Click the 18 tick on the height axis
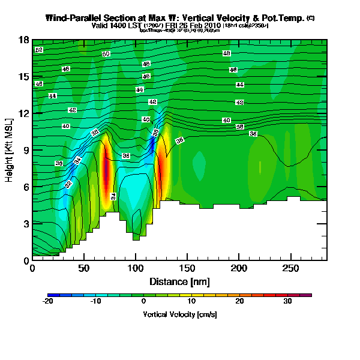click(x=25, y=40)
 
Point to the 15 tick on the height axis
click(x=25, y=76)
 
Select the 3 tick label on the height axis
click(x=25, y=224)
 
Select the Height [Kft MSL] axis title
click(x=10, y=150)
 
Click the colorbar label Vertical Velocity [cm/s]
click(x=179, y=314)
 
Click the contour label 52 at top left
click(x=38, y=49)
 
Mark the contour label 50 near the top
click(x=106, y=54)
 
